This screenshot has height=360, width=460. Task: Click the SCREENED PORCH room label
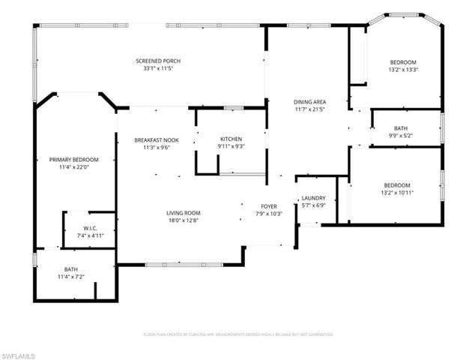click(x=158, y=61)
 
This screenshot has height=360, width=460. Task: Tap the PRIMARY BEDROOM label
click(x=74, y=159)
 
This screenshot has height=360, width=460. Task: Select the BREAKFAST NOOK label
click(x=156, y=140)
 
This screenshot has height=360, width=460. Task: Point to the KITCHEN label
click(x=231, y=139)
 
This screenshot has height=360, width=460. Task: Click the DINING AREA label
click(x=309, y=102)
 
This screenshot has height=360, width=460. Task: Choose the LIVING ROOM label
click(x=184, y=213)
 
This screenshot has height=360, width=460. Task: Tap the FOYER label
click(x=269, y=206)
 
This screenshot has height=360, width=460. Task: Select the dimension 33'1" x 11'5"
click(x=158, y=69)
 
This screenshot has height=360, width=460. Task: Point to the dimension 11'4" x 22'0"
click(x=74, y=167)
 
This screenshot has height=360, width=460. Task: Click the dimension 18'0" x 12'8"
click(x=184, y=221)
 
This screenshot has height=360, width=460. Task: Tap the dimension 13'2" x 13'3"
click(x=403, y=70)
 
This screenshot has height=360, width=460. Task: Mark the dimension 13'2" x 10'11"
click(x=397, y=193)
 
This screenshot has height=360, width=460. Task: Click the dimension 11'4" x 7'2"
click(x=71, y=277)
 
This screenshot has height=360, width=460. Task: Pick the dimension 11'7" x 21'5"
click(x=309, y=110)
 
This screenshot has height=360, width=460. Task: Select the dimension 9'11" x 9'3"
click(x=231, y=147)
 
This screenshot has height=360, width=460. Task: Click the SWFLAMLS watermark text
click(x=19, y=352)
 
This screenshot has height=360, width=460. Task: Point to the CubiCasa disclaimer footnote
click(x=238, y=334)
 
